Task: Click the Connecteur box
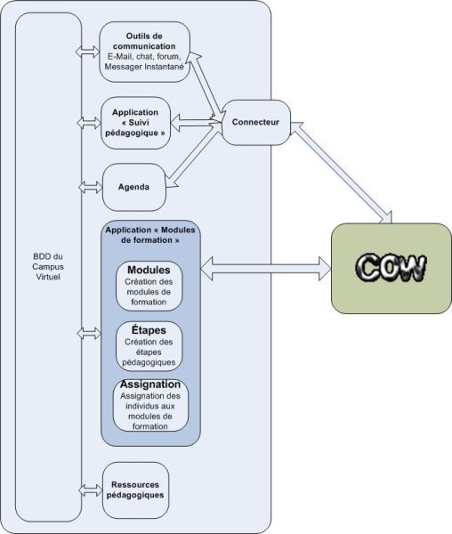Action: tap(256, 123)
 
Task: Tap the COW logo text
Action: tap(391, 268)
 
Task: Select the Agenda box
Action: tap(134, 187)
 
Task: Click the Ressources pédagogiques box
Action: tap(135, 490)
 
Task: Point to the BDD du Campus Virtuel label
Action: tap(48, 267)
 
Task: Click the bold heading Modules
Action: tap(149, 270)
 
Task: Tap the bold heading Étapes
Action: tap(149, 330)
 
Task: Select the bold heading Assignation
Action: tap(150, 384)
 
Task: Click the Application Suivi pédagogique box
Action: tap(135, 123)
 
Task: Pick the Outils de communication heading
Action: tap(144, 41)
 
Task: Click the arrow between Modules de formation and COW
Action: tap(266, 269)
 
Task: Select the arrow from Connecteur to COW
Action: tap(342, 173)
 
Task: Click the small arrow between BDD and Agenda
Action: tap(90, 187)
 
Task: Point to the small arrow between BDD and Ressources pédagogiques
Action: tap(90, 490)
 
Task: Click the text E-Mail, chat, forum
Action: tap(144, 56)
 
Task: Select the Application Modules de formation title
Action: tap(150, 235)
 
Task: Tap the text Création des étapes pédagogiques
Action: tap(149, 352)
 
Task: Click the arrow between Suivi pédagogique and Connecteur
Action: tap(196, 123)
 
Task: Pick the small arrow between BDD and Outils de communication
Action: tap(87, 52)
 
